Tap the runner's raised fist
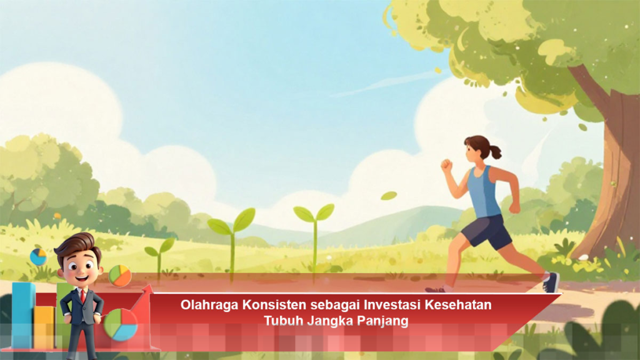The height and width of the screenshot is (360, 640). (x=446, y=166)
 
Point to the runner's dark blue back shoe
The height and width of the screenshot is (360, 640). (x=551, y=282)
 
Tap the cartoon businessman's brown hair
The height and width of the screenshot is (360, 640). (x=76, y=242)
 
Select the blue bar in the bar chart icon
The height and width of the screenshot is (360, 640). (x=23, y=312)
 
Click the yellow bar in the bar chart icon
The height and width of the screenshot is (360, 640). (x=44, y=325)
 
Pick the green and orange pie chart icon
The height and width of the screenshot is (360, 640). (x=120, y=275)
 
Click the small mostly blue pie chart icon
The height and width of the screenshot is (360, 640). (x=38, y=256)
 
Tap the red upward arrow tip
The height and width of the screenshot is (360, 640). (x=148, y=289)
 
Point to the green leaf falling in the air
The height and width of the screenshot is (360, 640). (x=389, y=196)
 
